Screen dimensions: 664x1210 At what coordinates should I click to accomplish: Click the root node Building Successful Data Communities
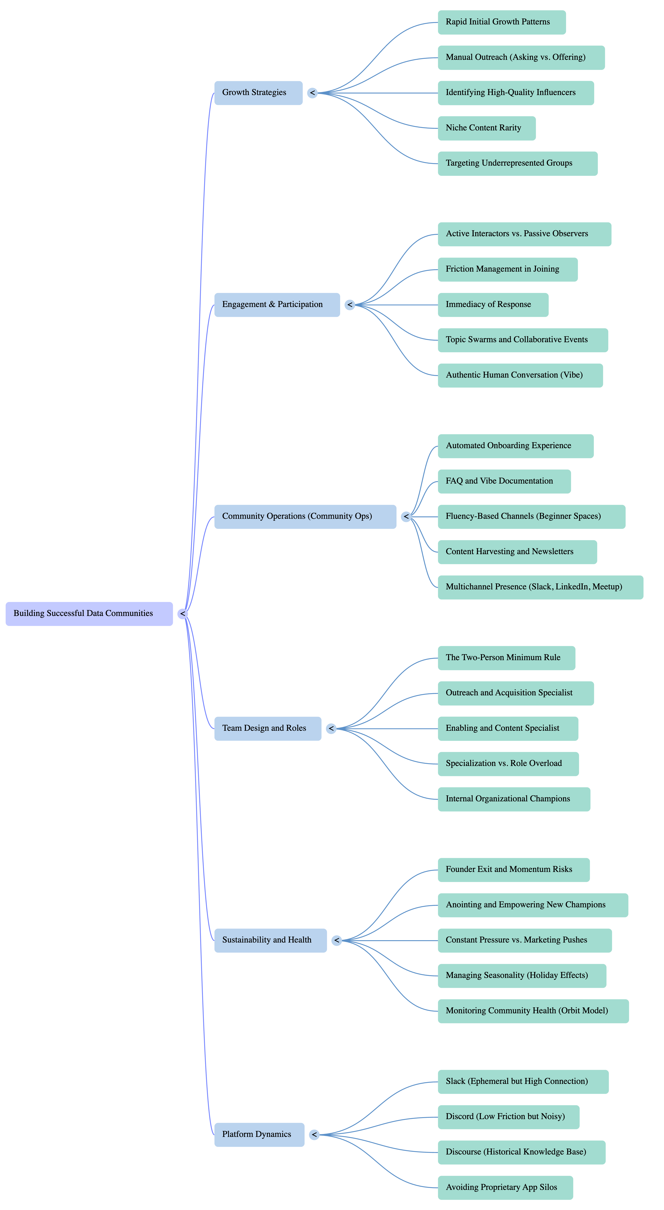coord(89,613)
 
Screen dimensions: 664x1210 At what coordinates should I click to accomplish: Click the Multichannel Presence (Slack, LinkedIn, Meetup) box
coord(540,587)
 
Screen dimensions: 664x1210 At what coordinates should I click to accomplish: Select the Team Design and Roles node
coord(268,729)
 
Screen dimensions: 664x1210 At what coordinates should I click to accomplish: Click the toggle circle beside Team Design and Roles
coord(331,729)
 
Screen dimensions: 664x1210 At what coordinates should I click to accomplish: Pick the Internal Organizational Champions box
coord(514,799)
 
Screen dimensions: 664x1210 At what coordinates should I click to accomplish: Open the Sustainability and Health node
coord(270,940)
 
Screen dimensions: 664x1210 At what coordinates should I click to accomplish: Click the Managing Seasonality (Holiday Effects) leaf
coord(522,976)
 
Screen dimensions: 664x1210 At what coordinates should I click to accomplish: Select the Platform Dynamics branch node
coord(259,1135)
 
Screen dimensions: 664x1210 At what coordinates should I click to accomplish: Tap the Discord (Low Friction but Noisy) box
coord(509,1117)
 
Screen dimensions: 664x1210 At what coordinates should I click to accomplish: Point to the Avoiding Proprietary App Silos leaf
coord(505,1187)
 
